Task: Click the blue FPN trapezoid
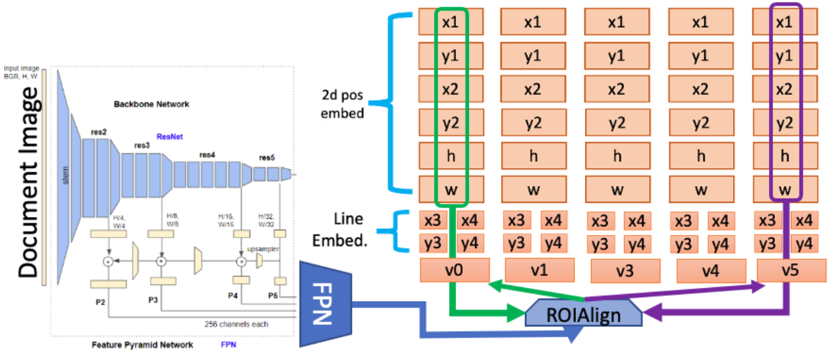click(x=322, y=304)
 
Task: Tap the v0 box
click(x=455, y=270)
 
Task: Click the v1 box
click(x=538, y=270)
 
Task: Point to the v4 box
click(x=702, y=270)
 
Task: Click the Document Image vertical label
click(x=27, y=186)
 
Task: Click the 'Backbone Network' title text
click(x=151, y=104)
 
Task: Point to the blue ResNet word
click(x=169, y=136)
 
